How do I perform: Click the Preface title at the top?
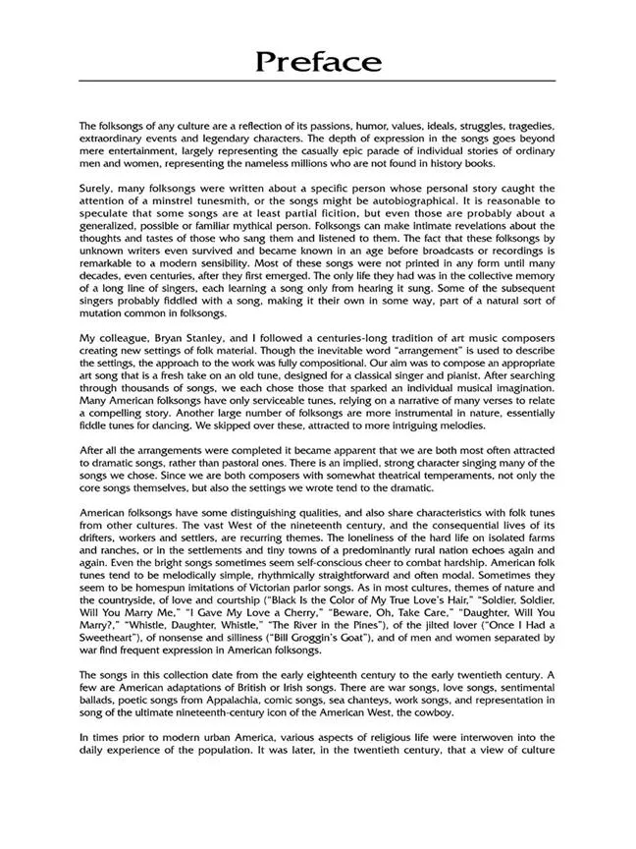[x=318, y=62]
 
